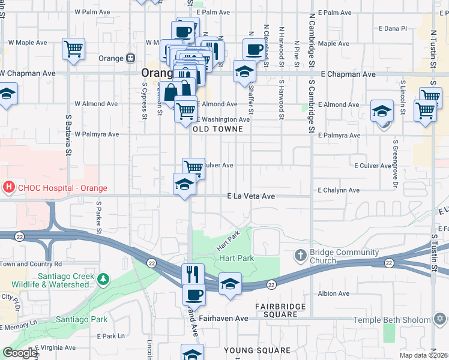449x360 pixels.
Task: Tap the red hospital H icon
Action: [x=8, y=187]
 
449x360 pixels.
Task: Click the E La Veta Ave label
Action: [x=251, y=196]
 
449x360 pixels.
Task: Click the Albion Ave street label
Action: [x=334, y=293]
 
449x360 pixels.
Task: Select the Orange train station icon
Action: [x=130, y=58]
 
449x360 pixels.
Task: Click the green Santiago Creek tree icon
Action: [x=104, y=279]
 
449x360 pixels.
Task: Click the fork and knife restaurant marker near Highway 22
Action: [x=193, y=274]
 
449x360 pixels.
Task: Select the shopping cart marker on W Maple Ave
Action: [x=73, y=48]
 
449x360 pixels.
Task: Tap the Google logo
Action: [x=20, y=353]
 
